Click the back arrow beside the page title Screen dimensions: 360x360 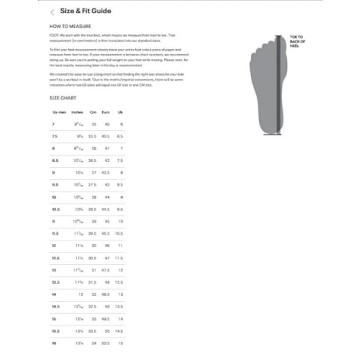(51, 11)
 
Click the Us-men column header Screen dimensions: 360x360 (59, 112)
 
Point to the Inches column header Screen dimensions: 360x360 (78, 112)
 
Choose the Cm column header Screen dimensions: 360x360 (93, 112)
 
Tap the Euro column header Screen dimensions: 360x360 (106, 112)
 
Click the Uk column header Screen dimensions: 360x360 (119, 112)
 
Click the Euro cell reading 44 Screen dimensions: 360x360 (106, 197)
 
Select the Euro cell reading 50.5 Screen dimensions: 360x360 (106, 331)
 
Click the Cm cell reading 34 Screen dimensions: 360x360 (93, 343)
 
